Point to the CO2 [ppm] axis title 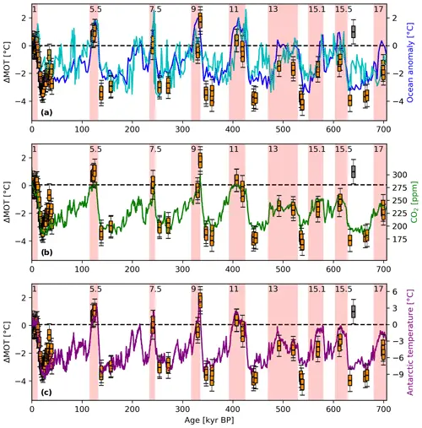pyautogui.click(x=413, y=202)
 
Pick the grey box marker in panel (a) pyautogui.click(x=353, y=31)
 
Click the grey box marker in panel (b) pyautogui.click(x=353, y=171)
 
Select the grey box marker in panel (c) pyautogui.click(x=353, y=312)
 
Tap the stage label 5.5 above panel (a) pyautogui.click(x=95, y=8)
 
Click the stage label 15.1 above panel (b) pyautogui.click(x=316, y=149)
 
